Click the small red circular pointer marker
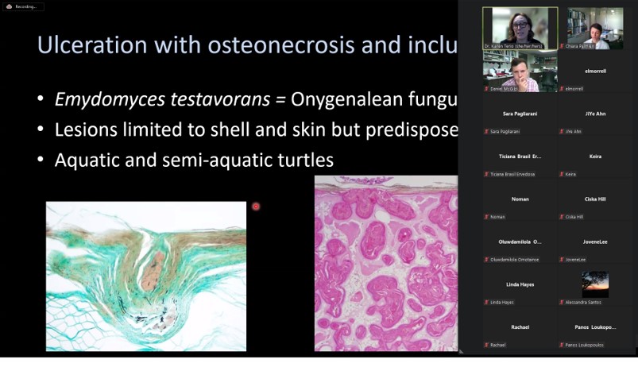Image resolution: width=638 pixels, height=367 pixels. click(256, 207)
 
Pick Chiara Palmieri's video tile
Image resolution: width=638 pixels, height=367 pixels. click(594, 29)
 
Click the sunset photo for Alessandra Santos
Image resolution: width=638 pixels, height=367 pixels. click(595, 284)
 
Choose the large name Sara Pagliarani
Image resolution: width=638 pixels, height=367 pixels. click(520, 114)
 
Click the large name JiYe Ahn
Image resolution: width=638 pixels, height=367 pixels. click(595, 114)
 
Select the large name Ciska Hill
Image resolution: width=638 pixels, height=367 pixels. click(595, 199)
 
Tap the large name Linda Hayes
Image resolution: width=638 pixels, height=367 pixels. click(520, 284)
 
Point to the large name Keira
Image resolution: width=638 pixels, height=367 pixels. click(595, 156)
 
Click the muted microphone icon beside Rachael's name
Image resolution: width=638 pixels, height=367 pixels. click(486, 345)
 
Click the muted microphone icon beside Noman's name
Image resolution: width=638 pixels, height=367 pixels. click(486, 217)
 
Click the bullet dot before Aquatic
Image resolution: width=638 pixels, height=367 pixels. click(41, 160)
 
